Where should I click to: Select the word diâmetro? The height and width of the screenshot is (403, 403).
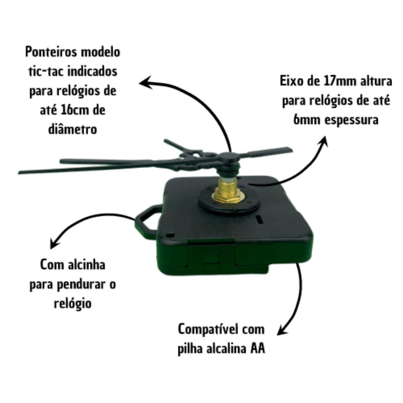coord(73,129)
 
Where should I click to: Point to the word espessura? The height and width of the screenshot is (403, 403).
coord(352,121)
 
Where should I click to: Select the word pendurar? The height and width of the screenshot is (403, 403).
coord(82,285)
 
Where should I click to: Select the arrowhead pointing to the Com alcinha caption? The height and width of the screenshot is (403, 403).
coord(55,243)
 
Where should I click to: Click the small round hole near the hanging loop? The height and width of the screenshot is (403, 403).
coord(171,235)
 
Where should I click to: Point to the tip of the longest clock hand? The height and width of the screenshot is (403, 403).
coord(19,173)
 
